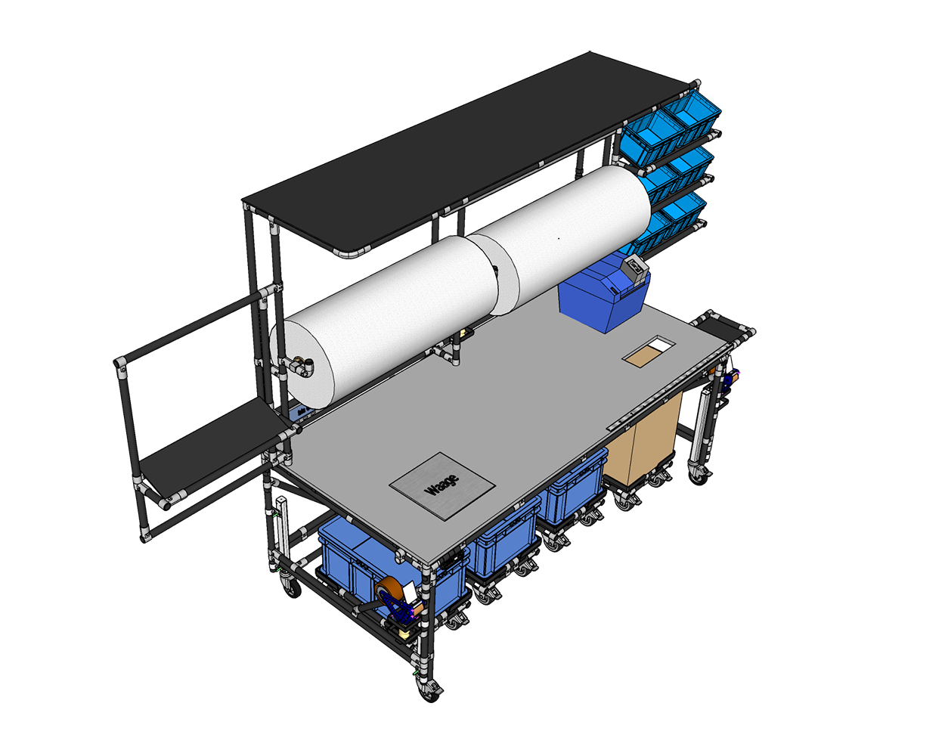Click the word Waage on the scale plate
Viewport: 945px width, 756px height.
point(442,484)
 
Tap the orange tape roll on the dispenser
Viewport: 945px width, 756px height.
point(387,589)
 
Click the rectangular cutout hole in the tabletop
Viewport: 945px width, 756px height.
point(648,351)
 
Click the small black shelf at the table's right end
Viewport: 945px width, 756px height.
point(723,327)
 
